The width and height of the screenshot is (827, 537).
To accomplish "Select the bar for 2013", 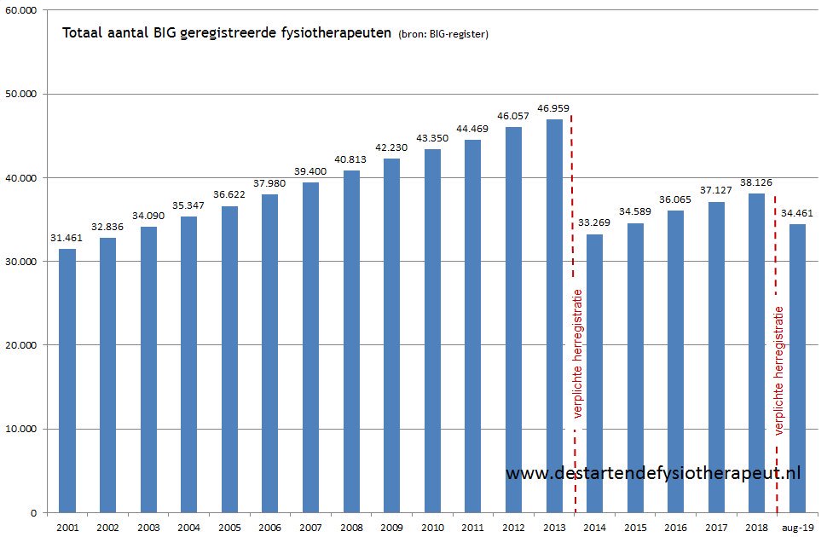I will tap(554, 316).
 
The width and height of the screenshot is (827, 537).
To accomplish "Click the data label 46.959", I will tap(553, 109).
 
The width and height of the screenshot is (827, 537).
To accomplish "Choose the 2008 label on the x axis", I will tap(350, 528).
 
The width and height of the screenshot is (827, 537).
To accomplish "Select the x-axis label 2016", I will tap(675, 528).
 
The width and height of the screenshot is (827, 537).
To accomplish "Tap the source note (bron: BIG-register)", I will tap(442, 35).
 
